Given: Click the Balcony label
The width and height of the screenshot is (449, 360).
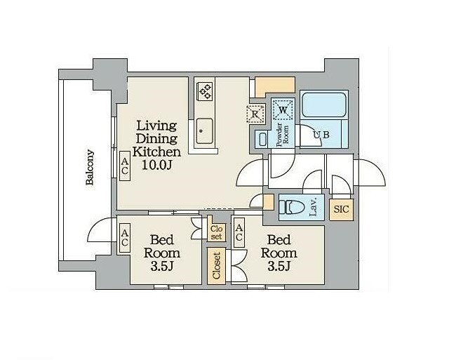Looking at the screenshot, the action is click(91, 167).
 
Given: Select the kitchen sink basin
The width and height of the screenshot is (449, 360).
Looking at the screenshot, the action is click(204, 131).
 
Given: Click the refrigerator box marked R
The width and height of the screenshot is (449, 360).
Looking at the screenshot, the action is click(255, 114).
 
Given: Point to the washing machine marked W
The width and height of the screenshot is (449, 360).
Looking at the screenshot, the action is click(283, 109).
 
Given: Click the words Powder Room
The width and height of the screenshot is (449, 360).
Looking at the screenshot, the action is click(282, 135).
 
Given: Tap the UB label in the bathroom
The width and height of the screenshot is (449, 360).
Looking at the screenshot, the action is click(321, 135).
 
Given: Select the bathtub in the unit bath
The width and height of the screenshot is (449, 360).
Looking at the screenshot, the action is click(324, 105).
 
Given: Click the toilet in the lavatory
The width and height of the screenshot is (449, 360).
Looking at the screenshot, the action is click(292, 207).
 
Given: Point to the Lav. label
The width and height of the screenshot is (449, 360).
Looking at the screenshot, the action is click(314, 207).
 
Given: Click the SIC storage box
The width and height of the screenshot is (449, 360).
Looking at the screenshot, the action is click(342, 210).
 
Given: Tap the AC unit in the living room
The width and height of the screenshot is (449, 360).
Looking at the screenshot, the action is click(125, 166).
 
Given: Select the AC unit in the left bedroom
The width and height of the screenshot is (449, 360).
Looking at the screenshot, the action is click(125, 238).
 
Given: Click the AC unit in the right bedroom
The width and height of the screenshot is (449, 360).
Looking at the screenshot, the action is click(239, 232).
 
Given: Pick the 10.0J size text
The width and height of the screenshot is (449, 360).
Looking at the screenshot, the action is click(157, 165).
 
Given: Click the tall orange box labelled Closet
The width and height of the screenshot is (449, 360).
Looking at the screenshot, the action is click(216, 265).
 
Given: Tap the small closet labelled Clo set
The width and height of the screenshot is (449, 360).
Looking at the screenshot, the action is click(217, 233).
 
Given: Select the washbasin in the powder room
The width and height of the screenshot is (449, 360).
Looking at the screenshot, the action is click(262, 140).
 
